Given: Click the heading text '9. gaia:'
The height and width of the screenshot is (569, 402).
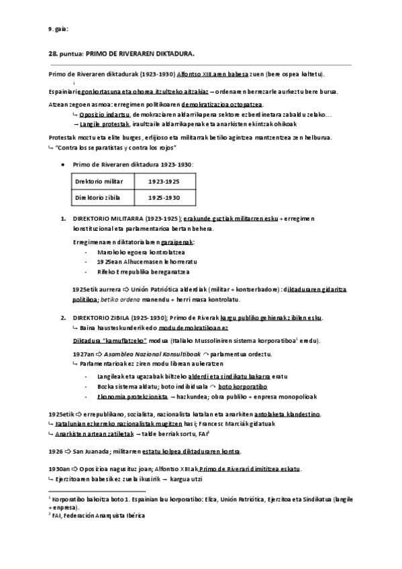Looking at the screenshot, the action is pyautogui.click(x=58, y=28).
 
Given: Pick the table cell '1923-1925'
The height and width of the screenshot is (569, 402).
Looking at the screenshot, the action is pyautogui.click(x=164, y=181).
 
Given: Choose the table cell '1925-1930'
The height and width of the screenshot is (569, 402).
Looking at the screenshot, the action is pyautogui.click(x=164, y=198).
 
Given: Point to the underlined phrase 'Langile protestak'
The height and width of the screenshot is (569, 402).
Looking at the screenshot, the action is pyautogui.click(x=105, y=125).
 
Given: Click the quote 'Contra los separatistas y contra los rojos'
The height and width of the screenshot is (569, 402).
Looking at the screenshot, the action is pyautogui.click(x=117, y=146).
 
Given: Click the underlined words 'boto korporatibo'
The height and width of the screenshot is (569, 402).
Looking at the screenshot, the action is pyautogui.click(x=243, y=387).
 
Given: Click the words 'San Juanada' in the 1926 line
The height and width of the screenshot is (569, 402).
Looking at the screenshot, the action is pyautogui.click(x=92, y=451).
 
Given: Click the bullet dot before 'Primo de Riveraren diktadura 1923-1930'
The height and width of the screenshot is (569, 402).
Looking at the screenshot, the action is pyautogui.click(x=62, y=164).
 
